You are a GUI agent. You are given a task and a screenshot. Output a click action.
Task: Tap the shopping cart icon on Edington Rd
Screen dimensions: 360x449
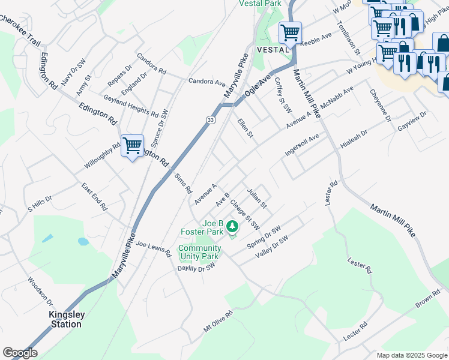(x=132, y=145)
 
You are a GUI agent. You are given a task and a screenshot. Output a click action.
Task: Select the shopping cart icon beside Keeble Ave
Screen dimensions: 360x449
(x=291, y=32)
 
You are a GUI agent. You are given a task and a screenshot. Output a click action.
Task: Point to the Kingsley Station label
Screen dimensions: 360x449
(x=65, y=319)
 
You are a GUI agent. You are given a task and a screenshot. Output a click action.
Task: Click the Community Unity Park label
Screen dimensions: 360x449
(x=199, y=252)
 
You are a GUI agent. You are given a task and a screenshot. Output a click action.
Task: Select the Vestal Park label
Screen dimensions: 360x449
(x=260, y=4)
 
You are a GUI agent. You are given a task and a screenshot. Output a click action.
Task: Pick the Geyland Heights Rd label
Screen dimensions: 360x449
(x=130, y=106)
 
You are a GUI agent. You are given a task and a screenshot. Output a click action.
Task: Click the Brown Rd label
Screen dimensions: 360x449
(x=427, y=301)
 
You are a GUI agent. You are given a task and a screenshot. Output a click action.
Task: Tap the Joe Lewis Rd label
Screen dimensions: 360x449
(x=154, y=248)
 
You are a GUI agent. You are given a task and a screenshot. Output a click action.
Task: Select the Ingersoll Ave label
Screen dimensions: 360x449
(x=302, y=145)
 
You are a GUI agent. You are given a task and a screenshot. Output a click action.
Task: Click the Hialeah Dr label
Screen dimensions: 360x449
(x=353, y=142)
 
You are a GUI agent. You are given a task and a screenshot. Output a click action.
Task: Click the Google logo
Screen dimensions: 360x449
(x=20, y=353)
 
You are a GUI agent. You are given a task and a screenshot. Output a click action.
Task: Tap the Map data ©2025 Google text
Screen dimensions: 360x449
(x=411, y=355)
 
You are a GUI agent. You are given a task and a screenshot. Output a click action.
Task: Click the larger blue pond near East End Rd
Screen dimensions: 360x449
(x=83, y=242)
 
